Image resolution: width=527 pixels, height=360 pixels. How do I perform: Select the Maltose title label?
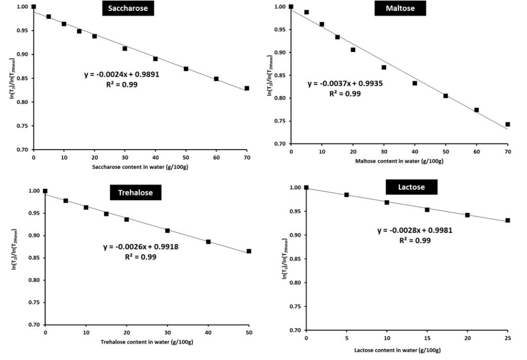(400, 9)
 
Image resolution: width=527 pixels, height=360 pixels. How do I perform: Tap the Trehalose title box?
(135, 193)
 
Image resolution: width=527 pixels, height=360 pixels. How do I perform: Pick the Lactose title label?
(411, 187)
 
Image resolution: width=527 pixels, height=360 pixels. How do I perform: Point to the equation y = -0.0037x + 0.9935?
(345, 84)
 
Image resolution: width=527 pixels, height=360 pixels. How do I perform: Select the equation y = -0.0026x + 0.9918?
(140, 247)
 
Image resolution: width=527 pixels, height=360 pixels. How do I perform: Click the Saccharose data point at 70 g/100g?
(247, 88)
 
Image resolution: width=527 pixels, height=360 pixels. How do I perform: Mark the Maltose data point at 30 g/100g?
(384, 67)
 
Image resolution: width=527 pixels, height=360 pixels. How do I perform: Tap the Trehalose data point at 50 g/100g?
(249, 251)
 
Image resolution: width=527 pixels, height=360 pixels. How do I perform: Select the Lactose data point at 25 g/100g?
(507, 221)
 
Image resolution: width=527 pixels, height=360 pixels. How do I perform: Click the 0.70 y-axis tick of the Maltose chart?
(279, 144)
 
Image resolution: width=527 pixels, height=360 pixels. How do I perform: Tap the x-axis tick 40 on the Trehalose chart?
(208, 334)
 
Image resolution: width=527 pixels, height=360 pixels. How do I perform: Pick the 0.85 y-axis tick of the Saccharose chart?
(22, 78)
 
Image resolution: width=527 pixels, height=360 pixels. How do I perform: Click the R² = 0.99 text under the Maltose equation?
(345, 94)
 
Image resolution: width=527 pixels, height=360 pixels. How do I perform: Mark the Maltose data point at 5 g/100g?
(307, 12)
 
